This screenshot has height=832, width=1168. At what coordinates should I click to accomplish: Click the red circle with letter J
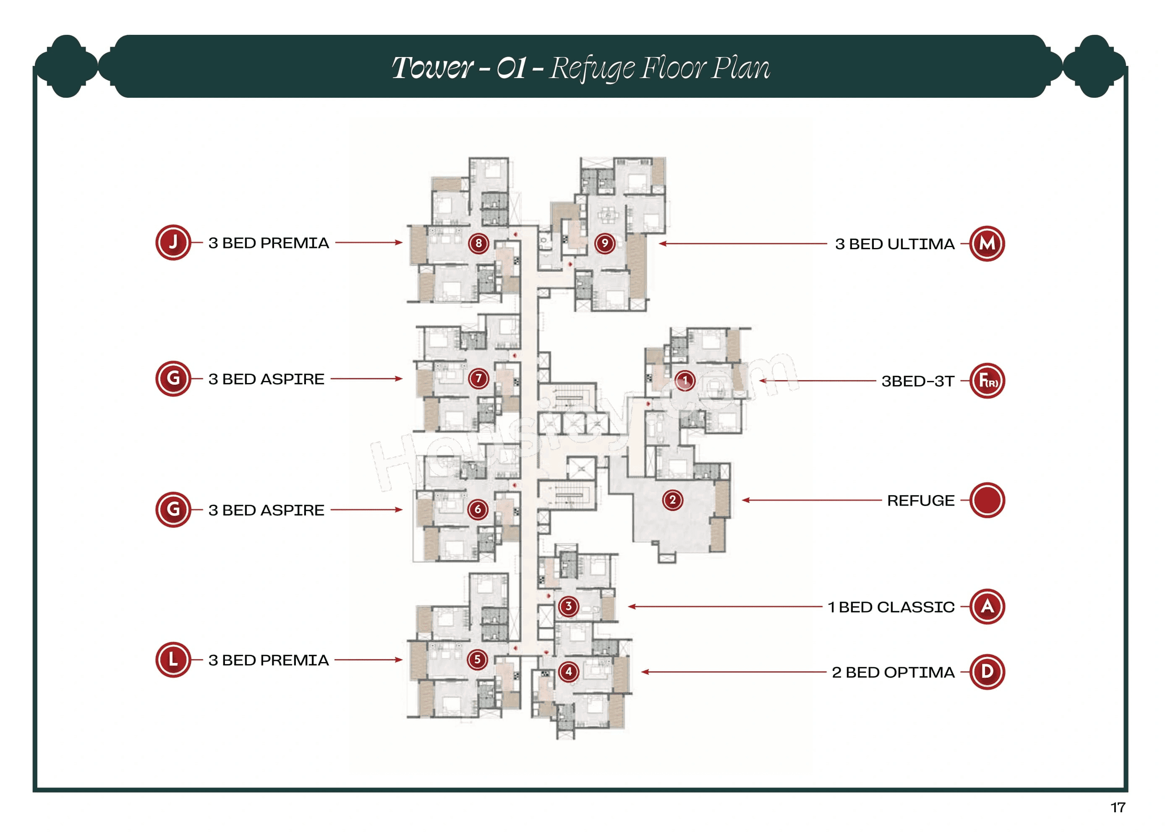[x=173, y=243]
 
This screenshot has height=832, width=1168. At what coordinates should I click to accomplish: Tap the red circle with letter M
[x=987, y=244]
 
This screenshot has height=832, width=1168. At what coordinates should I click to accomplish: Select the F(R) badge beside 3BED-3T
[x=987, y=381]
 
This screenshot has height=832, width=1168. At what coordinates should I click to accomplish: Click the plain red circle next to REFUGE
[x=987, y=500]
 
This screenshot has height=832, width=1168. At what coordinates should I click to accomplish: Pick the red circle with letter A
[x=987, y=607]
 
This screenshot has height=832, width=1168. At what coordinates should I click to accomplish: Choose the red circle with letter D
[x=987, y=672]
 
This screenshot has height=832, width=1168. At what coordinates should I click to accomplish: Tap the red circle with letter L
[x=173, y=660]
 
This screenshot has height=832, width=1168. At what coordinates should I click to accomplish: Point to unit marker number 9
[x=605, y=243]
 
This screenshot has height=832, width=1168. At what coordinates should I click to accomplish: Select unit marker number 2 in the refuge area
[x=672, y=500]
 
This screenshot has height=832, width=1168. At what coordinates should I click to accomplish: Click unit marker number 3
[x=568, y=607]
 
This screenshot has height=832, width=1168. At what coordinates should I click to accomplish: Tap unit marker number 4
[x=568, y=672]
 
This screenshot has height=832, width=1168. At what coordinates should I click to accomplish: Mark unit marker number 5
[x=477, y=660]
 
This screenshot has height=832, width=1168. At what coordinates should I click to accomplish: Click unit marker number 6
[x=478, y=509]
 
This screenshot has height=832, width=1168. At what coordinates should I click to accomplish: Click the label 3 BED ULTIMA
[x=894, y=244]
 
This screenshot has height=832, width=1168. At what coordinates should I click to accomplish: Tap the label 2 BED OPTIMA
[x=893, y=672]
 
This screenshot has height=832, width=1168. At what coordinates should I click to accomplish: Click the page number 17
[x=1118, y=808]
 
